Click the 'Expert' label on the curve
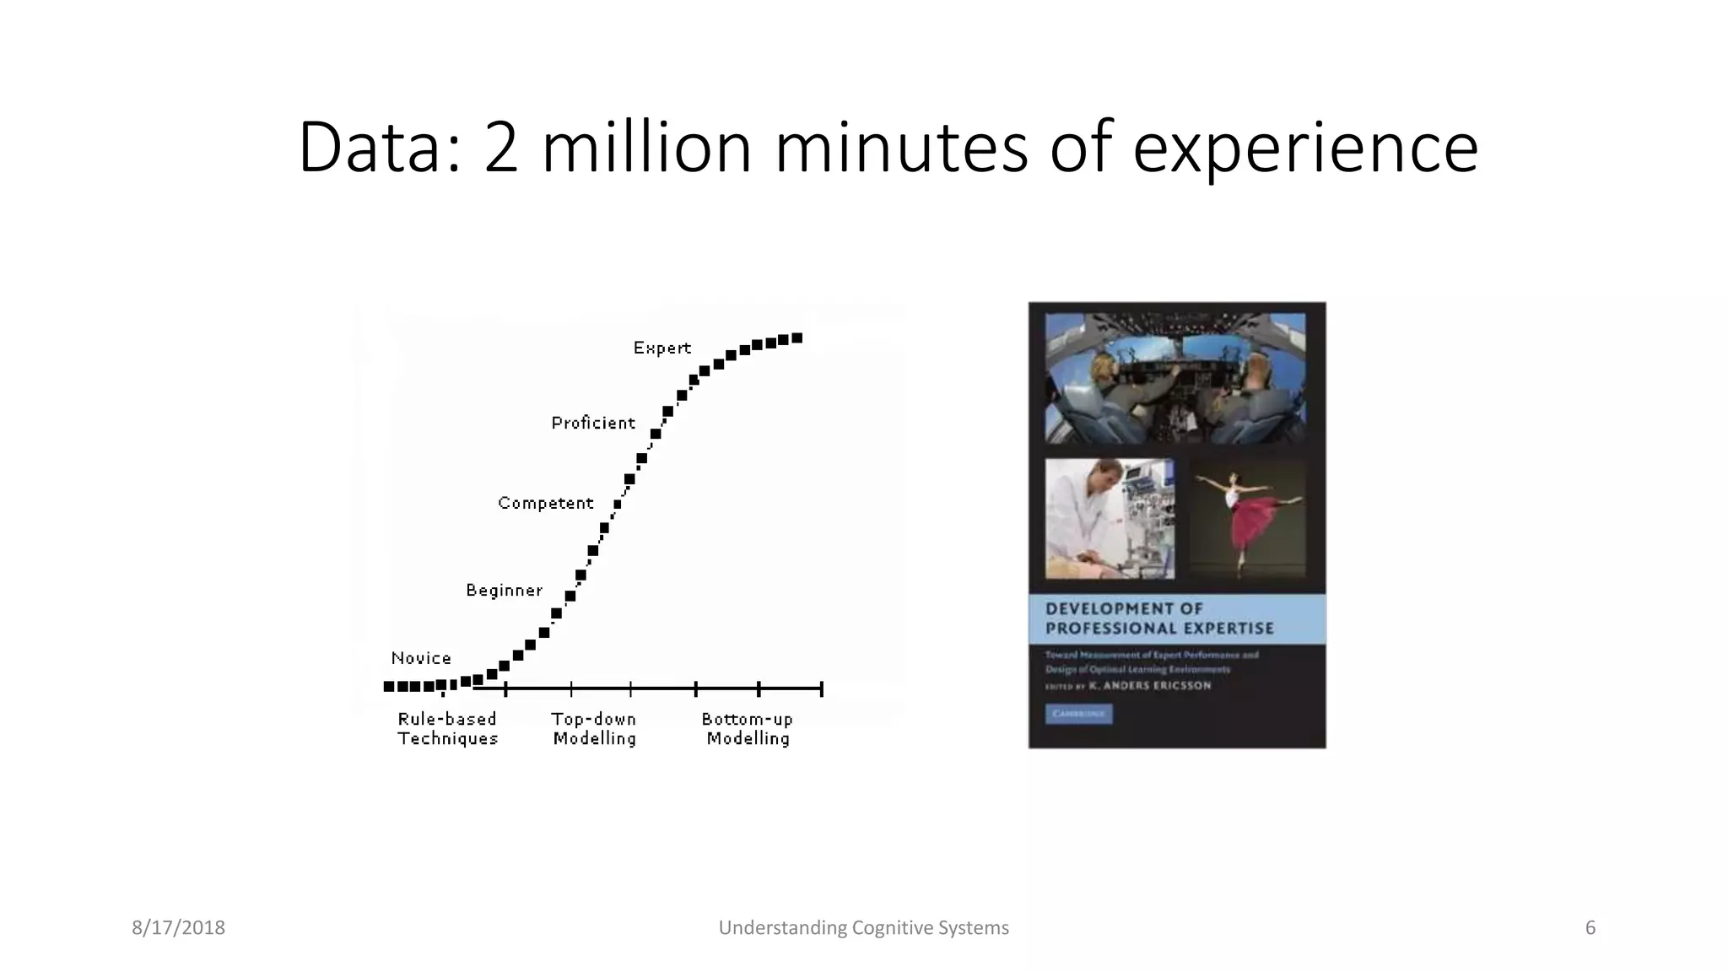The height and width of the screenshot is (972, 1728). pos(661,348)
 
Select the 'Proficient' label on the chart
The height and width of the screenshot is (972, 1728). pos(592,423)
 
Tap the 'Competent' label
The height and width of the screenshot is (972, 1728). pos(545,503)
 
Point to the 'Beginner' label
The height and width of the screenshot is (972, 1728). pos(504,591)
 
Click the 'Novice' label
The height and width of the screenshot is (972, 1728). pos(421,658)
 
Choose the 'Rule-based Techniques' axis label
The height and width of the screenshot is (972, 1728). pos(447,729)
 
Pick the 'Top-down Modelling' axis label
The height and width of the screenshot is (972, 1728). pos(594,729)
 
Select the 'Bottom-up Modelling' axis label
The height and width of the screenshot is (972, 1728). pos(748,729)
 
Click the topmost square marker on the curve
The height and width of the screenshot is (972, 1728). pos(796,338)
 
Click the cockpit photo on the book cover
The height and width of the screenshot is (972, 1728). pos(1175,378)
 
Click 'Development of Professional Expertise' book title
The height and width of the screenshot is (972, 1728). pos(1158,618)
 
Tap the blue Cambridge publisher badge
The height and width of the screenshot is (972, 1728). pos(1079,714)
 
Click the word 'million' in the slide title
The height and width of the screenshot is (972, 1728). pos(645,148)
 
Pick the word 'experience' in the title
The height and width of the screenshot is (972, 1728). pos(1305,148)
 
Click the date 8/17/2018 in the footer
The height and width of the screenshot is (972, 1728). pos(178,928)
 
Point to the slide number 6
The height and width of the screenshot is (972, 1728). pos(1590,928)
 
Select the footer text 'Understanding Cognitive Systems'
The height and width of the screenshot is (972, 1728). pos(863,928)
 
